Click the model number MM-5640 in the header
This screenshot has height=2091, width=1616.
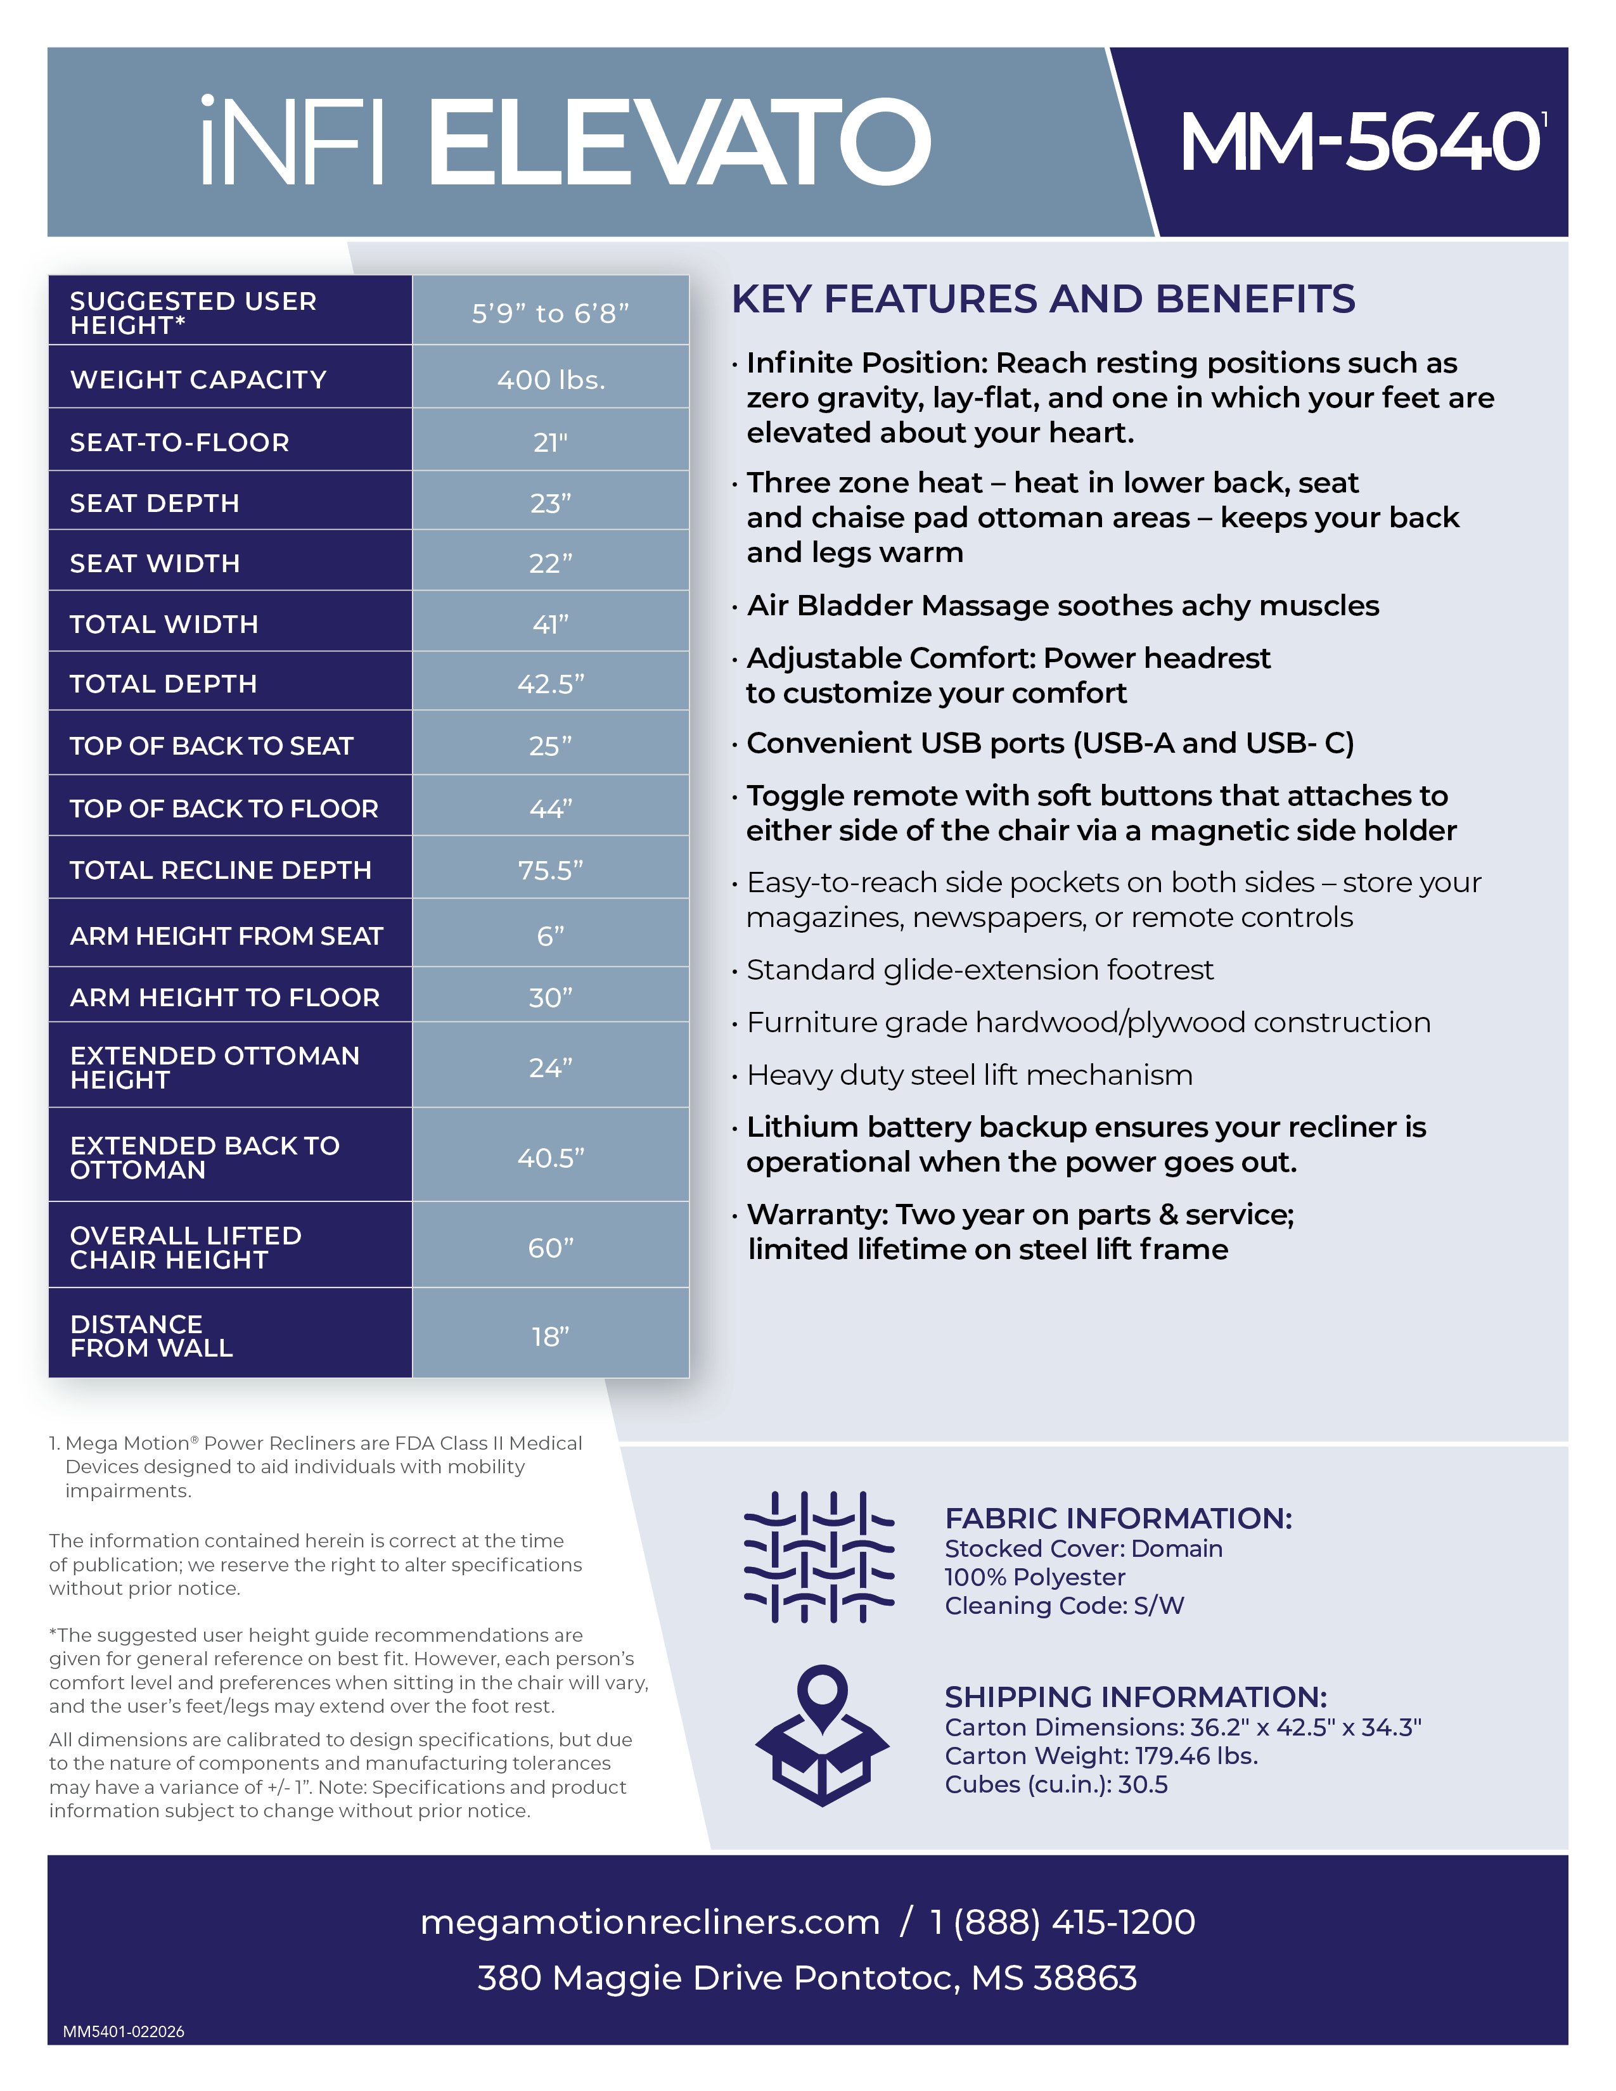(1359, 142)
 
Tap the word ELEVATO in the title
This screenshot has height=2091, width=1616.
(678, 142)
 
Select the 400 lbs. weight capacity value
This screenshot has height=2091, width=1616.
(551, 380)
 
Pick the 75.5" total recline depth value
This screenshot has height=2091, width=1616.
(551, 869)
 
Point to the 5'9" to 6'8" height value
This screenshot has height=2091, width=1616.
(551, 313)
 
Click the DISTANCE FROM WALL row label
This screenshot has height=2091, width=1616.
(151, 1336)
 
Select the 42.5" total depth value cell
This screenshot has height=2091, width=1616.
(551, 684)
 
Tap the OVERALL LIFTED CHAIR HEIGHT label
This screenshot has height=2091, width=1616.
(186, 1248)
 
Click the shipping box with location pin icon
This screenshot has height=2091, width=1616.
(821, 1736)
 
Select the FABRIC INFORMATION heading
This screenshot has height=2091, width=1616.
(1118, 1518)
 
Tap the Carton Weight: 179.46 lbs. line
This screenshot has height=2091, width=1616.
(1101, 1755)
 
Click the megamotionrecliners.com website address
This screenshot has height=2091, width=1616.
(649, 1922)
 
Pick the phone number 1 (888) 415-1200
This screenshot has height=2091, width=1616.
(1063, 1922)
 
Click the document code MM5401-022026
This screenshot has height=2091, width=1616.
(124, 2031)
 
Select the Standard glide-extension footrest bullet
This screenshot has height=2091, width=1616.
(979, 970)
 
